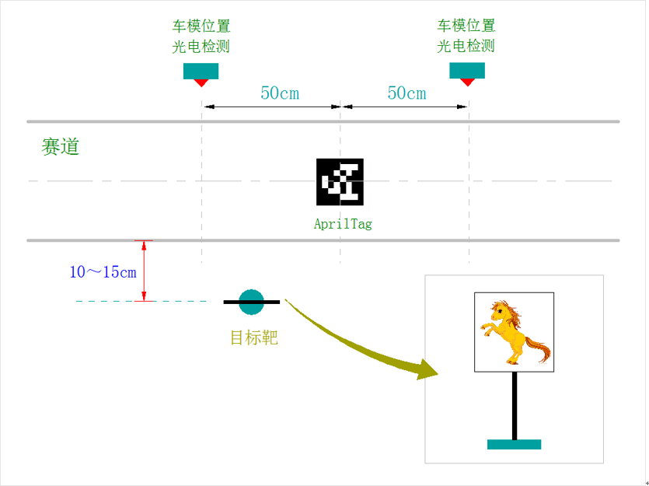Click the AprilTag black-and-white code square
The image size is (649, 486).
340,182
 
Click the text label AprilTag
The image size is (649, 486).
343,224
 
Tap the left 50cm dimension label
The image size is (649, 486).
279,93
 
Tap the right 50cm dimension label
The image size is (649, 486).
406,93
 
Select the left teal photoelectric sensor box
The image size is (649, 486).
201,71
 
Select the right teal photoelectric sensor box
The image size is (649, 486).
467,71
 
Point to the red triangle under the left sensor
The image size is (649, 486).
201,82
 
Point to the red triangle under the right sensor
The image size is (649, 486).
467,82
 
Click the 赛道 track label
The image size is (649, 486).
61,146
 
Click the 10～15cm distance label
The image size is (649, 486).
103,272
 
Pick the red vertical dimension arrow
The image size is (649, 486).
144,271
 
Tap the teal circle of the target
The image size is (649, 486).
251,301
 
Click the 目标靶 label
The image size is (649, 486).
253,338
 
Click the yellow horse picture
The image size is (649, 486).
509,330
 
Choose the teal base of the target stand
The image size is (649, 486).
514,445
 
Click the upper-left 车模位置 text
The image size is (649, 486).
201,26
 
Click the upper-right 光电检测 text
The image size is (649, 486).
466,46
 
